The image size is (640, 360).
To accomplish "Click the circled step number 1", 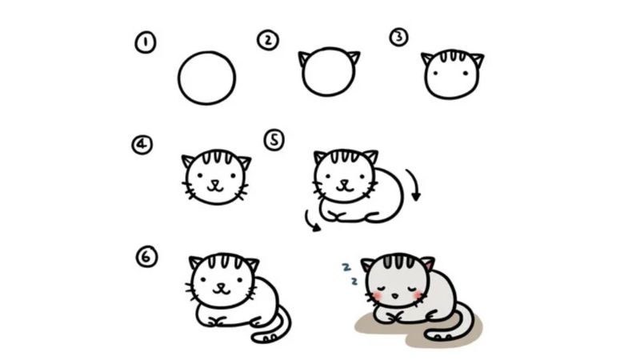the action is coord(146,42).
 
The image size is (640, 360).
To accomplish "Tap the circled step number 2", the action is coord(268,40).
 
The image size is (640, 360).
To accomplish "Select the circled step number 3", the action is coord(398,37).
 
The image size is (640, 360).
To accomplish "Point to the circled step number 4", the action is coord(142,145).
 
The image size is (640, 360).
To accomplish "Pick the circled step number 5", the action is coord(274,140).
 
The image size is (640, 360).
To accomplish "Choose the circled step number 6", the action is coord(146,257).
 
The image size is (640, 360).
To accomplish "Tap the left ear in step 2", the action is coord(304,58).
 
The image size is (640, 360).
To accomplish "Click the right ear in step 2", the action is coord(354,57).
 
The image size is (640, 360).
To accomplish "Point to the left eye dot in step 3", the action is coord(435,74).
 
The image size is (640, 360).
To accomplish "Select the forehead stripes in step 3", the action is coord(452,55).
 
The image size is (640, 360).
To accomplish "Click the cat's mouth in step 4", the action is coord(215,186).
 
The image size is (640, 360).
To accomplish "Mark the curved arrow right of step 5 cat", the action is coord(414,185).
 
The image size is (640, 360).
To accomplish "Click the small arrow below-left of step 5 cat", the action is coord(311,222).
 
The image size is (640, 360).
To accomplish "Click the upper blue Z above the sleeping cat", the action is coord(346,267).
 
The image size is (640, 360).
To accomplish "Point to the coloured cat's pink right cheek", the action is coord(418,294).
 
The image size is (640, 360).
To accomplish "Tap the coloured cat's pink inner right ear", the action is coord(428,265).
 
